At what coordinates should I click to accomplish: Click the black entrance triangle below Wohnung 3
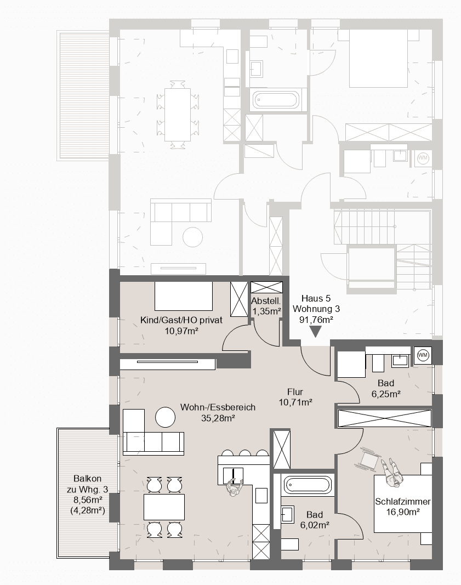click(x=316, y=332)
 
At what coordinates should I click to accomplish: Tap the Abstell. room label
click(x=266, y=301)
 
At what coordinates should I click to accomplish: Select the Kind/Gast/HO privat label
click(x=173, y=321)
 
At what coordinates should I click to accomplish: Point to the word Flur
click(x=295, y=392)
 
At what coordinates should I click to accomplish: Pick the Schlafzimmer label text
click(x=403, y=502)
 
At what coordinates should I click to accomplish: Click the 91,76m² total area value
click(x=316, y=319)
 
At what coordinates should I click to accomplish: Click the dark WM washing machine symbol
click(x=423, y=355)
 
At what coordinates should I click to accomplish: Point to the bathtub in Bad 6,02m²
click(x=308, y=485)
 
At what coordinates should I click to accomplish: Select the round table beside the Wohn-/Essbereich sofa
click(x=165, y=417)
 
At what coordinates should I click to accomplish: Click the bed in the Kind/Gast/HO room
click(x=183, y=297)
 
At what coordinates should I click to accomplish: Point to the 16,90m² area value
click(x=403, y=512)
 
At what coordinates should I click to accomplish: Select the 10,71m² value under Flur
click(x=295, y=402)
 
